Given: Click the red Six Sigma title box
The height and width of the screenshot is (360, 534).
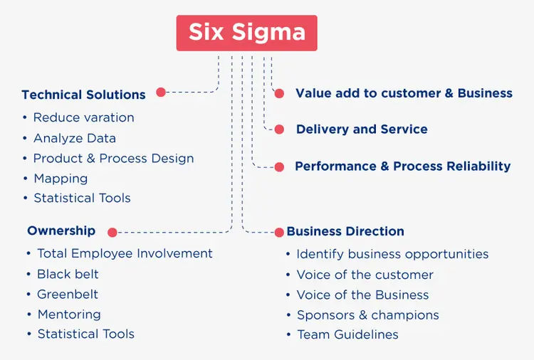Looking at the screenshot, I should point(246,33).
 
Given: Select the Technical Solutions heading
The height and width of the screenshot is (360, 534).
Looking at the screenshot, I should point(83,95).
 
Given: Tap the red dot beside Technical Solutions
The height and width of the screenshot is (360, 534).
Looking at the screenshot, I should point(161,92).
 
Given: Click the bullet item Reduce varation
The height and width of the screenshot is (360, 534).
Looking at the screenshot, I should point(83,117).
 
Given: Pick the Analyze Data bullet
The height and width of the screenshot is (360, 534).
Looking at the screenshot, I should point(74,138).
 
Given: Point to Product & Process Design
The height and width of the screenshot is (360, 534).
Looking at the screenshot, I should point(113,158).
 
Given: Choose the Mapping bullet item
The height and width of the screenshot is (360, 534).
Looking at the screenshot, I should point(61,179).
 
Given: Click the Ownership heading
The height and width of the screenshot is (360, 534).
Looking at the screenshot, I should point(61,231).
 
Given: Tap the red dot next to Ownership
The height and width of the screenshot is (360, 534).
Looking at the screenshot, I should point(112,231).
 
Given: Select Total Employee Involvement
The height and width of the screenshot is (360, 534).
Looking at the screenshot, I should point(125,253).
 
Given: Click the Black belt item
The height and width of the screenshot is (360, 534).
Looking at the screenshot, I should point(68,274).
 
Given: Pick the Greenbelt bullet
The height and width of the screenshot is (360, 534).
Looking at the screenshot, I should point(68,294).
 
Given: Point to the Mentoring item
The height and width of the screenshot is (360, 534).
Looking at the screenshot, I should point(69,314).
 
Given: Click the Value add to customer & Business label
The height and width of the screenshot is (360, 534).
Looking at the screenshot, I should point(404,93).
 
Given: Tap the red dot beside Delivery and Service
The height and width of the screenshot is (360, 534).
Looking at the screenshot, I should point(280,129).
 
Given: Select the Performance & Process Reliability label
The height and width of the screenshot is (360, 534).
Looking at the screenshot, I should point(402,166).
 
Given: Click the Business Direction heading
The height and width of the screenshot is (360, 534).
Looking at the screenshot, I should point(345,231).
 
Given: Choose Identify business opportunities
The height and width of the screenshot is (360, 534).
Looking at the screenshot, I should point(392,254).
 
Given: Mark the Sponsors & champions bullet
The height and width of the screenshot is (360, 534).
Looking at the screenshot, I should point(367,314).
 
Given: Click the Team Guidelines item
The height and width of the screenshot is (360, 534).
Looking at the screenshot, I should point(347,334).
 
